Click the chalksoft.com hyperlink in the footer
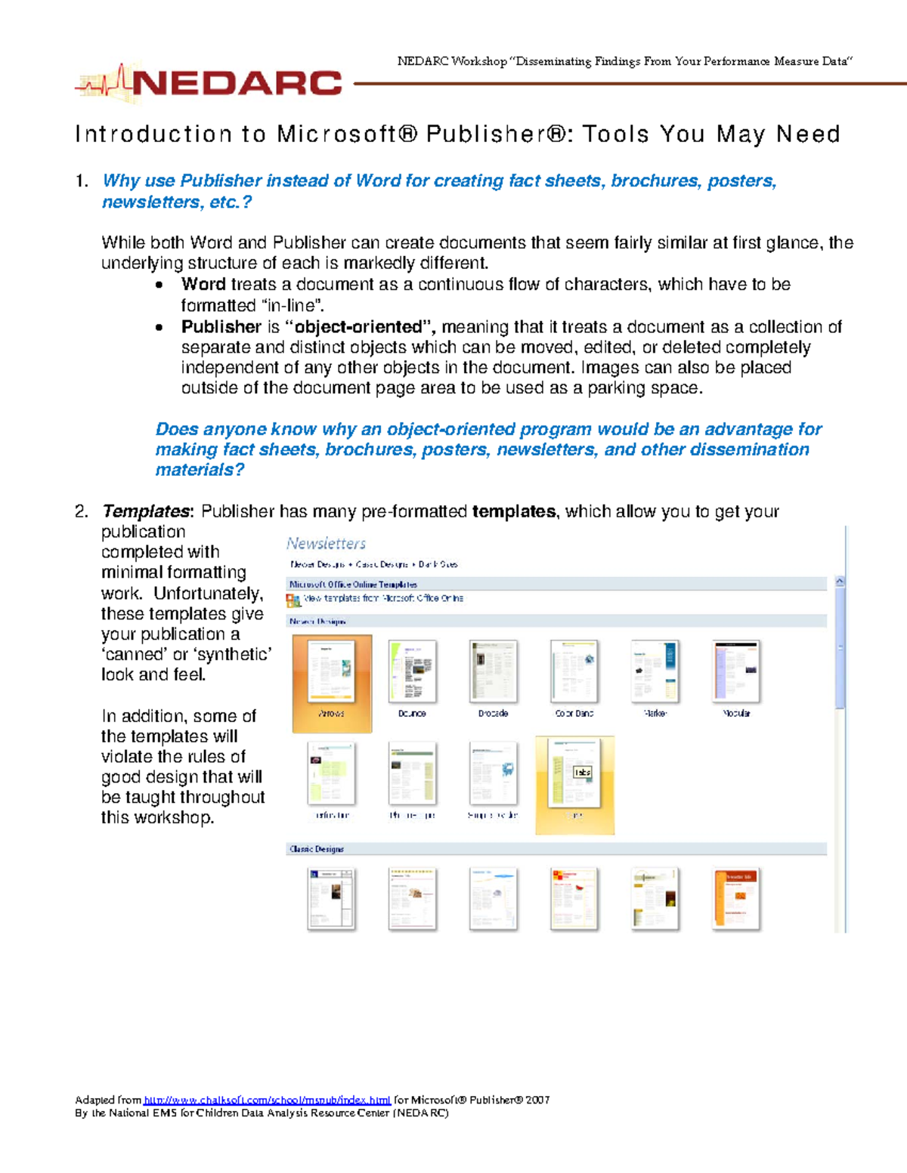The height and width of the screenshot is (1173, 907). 267,1100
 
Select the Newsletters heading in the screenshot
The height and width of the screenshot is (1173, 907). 326,543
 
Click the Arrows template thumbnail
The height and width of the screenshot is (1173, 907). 332,672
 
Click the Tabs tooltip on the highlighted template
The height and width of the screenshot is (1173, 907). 582,772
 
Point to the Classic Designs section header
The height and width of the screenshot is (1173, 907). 317,849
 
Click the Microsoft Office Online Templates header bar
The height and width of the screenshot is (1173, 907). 353,584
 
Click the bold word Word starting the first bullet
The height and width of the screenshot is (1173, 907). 203,285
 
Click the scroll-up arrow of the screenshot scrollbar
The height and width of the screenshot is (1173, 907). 840,582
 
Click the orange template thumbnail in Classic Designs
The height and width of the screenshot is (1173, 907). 735,898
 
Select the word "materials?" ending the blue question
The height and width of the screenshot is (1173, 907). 200,470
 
